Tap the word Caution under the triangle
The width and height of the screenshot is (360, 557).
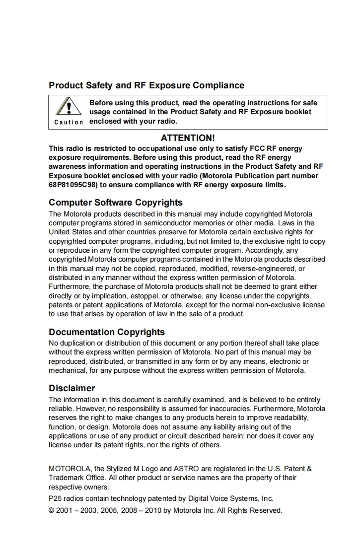pyautogui.click(x=69, y=122)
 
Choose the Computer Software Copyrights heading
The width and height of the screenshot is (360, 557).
pyautogui.click(x=116, y=203)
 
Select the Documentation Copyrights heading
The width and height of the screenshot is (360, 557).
pyautogui.click(x=107, y=332)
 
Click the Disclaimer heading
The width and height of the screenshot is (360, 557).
pyautogui.click(x=72, y=388)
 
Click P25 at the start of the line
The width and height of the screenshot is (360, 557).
pyautogui.click(x=55, y=498)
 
